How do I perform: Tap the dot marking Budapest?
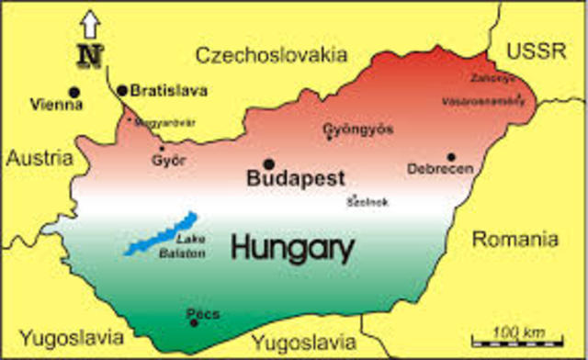coord(269,163)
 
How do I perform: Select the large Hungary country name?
coord(292,246)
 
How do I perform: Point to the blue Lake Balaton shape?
coord(160,234)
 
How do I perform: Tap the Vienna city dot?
coord(74,92)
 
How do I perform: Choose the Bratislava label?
coord(169,91)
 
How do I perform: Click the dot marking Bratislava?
coord(122,90)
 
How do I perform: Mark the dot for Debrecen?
coord(450,157)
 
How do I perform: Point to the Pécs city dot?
coord(194,321)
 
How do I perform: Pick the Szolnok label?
coord(362,204)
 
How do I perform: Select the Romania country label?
coord(514,240)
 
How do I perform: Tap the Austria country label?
coord(40,158)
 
